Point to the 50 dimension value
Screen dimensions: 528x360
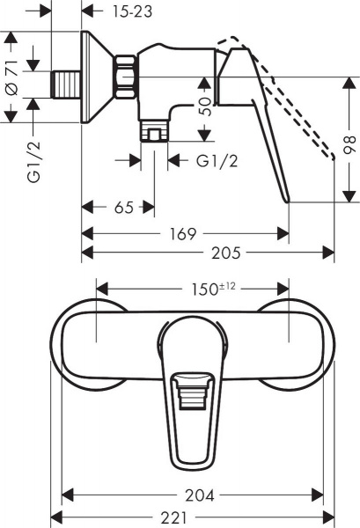click(205, 107)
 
